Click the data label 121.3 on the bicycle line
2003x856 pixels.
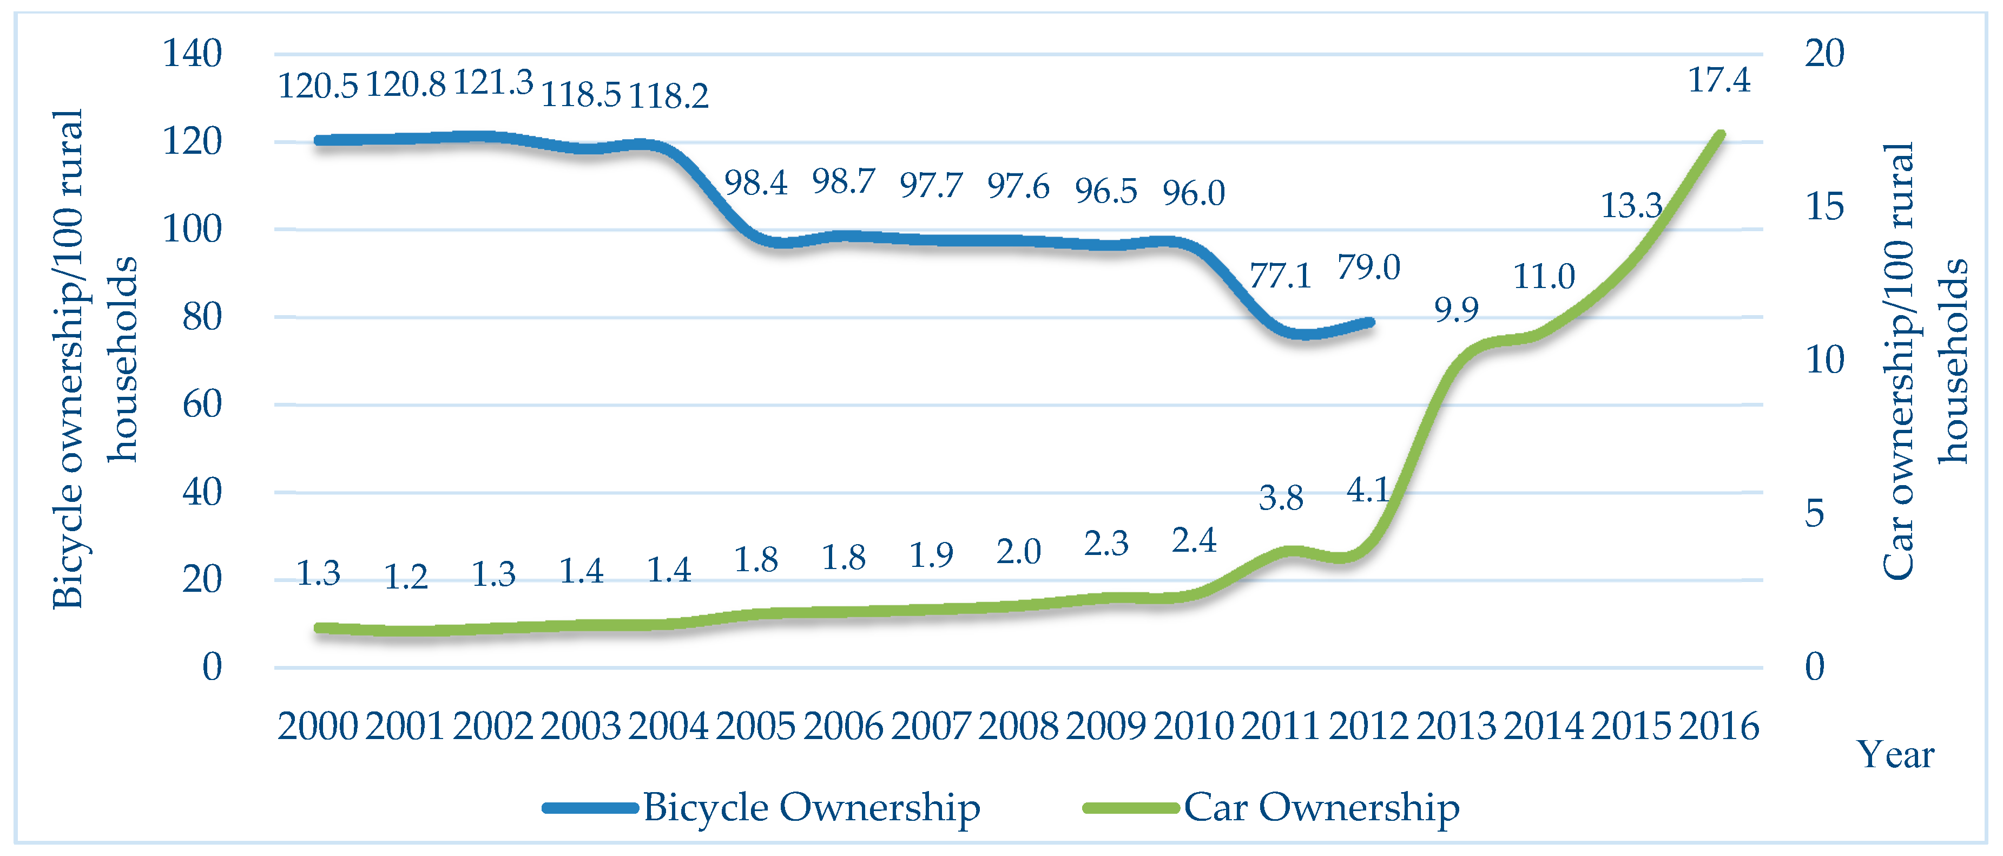click(x=493, y=82)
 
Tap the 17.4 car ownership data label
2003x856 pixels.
click(x=1718, y=80)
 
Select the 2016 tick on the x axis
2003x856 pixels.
click(x=1718, y=726)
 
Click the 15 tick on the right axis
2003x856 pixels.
click(x=1824, y=206)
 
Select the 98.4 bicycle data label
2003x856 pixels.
click(x=756, y=183)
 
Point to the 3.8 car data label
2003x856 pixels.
click(x=1281, y=498)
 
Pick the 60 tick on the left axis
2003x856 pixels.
click(x=202, y=404)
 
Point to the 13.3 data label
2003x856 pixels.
click(x=1631, y=205)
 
